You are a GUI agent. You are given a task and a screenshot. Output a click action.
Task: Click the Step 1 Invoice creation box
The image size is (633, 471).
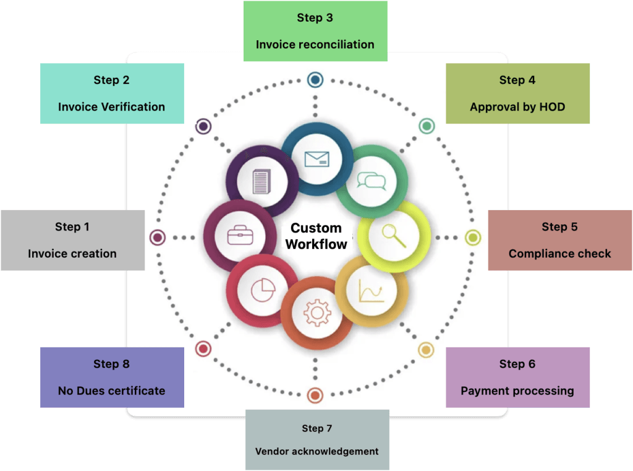(72, 240)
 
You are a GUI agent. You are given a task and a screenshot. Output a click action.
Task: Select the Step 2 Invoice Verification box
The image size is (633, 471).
(112, 93)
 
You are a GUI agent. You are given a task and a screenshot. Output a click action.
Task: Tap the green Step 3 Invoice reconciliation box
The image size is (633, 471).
(315, 31)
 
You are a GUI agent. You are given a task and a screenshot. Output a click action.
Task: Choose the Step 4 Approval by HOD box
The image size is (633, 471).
(517, 93)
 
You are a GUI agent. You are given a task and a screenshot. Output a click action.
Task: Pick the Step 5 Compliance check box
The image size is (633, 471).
(559, 240)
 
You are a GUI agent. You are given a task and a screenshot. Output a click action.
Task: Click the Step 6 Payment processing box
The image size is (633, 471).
(517, 377)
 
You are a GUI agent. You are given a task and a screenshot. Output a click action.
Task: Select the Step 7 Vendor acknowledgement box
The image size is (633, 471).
(317, 440)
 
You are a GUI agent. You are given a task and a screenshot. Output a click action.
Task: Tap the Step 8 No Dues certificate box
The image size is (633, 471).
(112, 377)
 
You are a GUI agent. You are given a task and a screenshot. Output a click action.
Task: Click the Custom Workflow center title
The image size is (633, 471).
(316, 236)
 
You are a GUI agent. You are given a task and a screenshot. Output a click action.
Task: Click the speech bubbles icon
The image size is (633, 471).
(372, 181)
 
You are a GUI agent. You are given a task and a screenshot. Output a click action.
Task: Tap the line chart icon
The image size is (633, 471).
(372, 291)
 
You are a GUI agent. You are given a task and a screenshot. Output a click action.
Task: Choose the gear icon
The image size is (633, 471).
(317, 313)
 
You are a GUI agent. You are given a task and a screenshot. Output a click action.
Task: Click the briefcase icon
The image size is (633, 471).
(240, 236)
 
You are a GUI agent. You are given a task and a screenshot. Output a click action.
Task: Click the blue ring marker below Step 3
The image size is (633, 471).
(315, 79)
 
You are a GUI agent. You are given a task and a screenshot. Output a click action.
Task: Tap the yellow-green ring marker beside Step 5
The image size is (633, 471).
(473, 237)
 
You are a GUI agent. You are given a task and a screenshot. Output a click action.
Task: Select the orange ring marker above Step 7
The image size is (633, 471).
(315, 395)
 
